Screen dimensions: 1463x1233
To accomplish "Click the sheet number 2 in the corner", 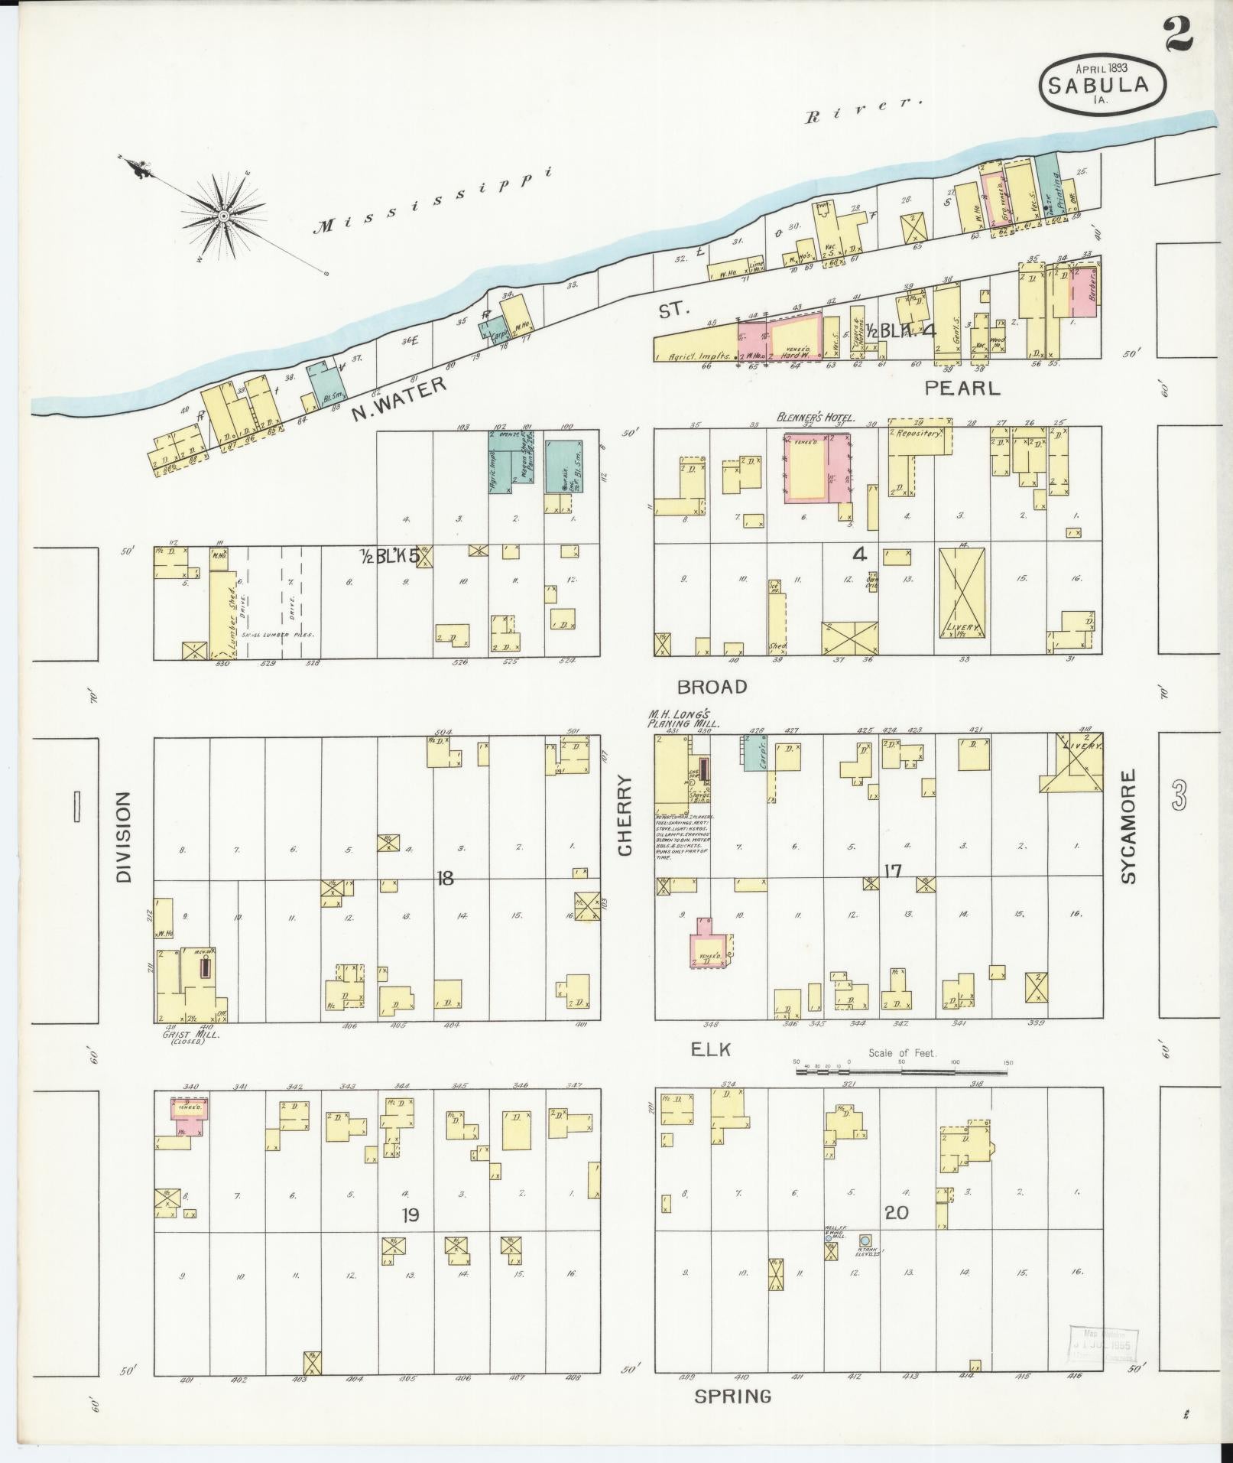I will click(1180, 35).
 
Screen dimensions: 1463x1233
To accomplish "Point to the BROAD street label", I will click(712, 687).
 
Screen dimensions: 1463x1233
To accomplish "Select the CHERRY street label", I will click(627, 816).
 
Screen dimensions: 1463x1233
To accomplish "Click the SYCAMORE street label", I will click(1130, 827).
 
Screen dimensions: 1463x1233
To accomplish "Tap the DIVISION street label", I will click(124, 837).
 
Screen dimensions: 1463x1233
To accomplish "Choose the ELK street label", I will click(710, 1050).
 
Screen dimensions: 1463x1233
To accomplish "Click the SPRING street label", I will click(732, 1396).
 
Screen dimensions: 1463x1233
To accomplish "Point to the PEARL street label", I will click(962, 388).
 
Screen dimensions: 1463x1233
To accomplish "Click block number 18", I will click(444, 879).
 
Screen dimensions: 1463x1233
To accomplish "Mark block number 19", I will click(410, 1214).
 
